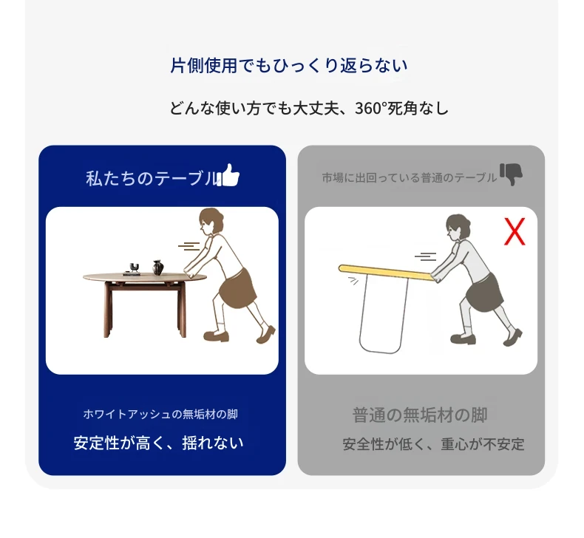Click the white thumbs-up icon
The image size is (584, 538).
coord(228,175)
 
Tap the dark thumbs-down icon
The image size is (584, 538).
coord(511,174)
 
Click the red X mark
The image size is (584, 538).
coord(515,231)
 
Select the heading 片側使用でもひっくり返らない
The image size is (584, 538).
coord(289,66)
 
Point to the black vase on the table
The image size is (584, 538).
coord(158,268)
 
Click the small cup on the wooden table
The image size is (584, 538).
coord(135,267)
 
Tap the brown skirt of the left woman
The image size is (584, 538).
coord(237,288)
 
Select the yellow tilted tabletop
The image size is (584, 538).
coord(387,272)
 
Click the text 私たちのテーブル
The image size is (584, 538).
coord(152,178)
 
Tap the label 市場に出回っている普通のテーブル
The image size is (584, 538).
coord(410,177)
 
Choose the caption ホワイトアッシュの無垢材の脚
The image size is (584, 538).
coord(160,414)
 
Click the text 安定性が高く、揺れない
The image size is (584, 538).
coord(159,443)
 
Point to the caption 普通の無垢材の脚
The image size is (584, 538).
coord(420,415)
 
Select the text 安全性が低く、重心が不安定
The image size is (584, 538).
coord(433,444)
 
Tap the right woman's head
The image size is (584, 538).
coord(458,227)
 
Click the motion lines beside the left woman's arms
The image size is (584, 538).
coord(189,247)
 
